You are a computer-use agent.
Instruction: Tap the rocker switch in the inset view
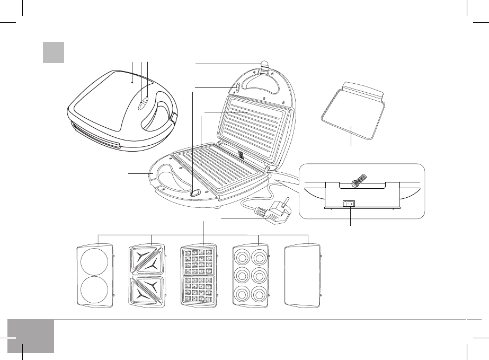click(349, 204)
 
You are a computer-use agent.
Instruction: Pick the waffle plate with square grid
click(199, 276)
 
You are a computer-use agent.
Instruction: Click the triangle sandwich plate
click(148, 276)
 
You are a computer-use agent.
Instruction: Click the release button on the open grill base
click(194, 195)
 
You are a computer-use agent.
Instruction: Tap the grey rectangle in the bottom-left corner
click(31, 336)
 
